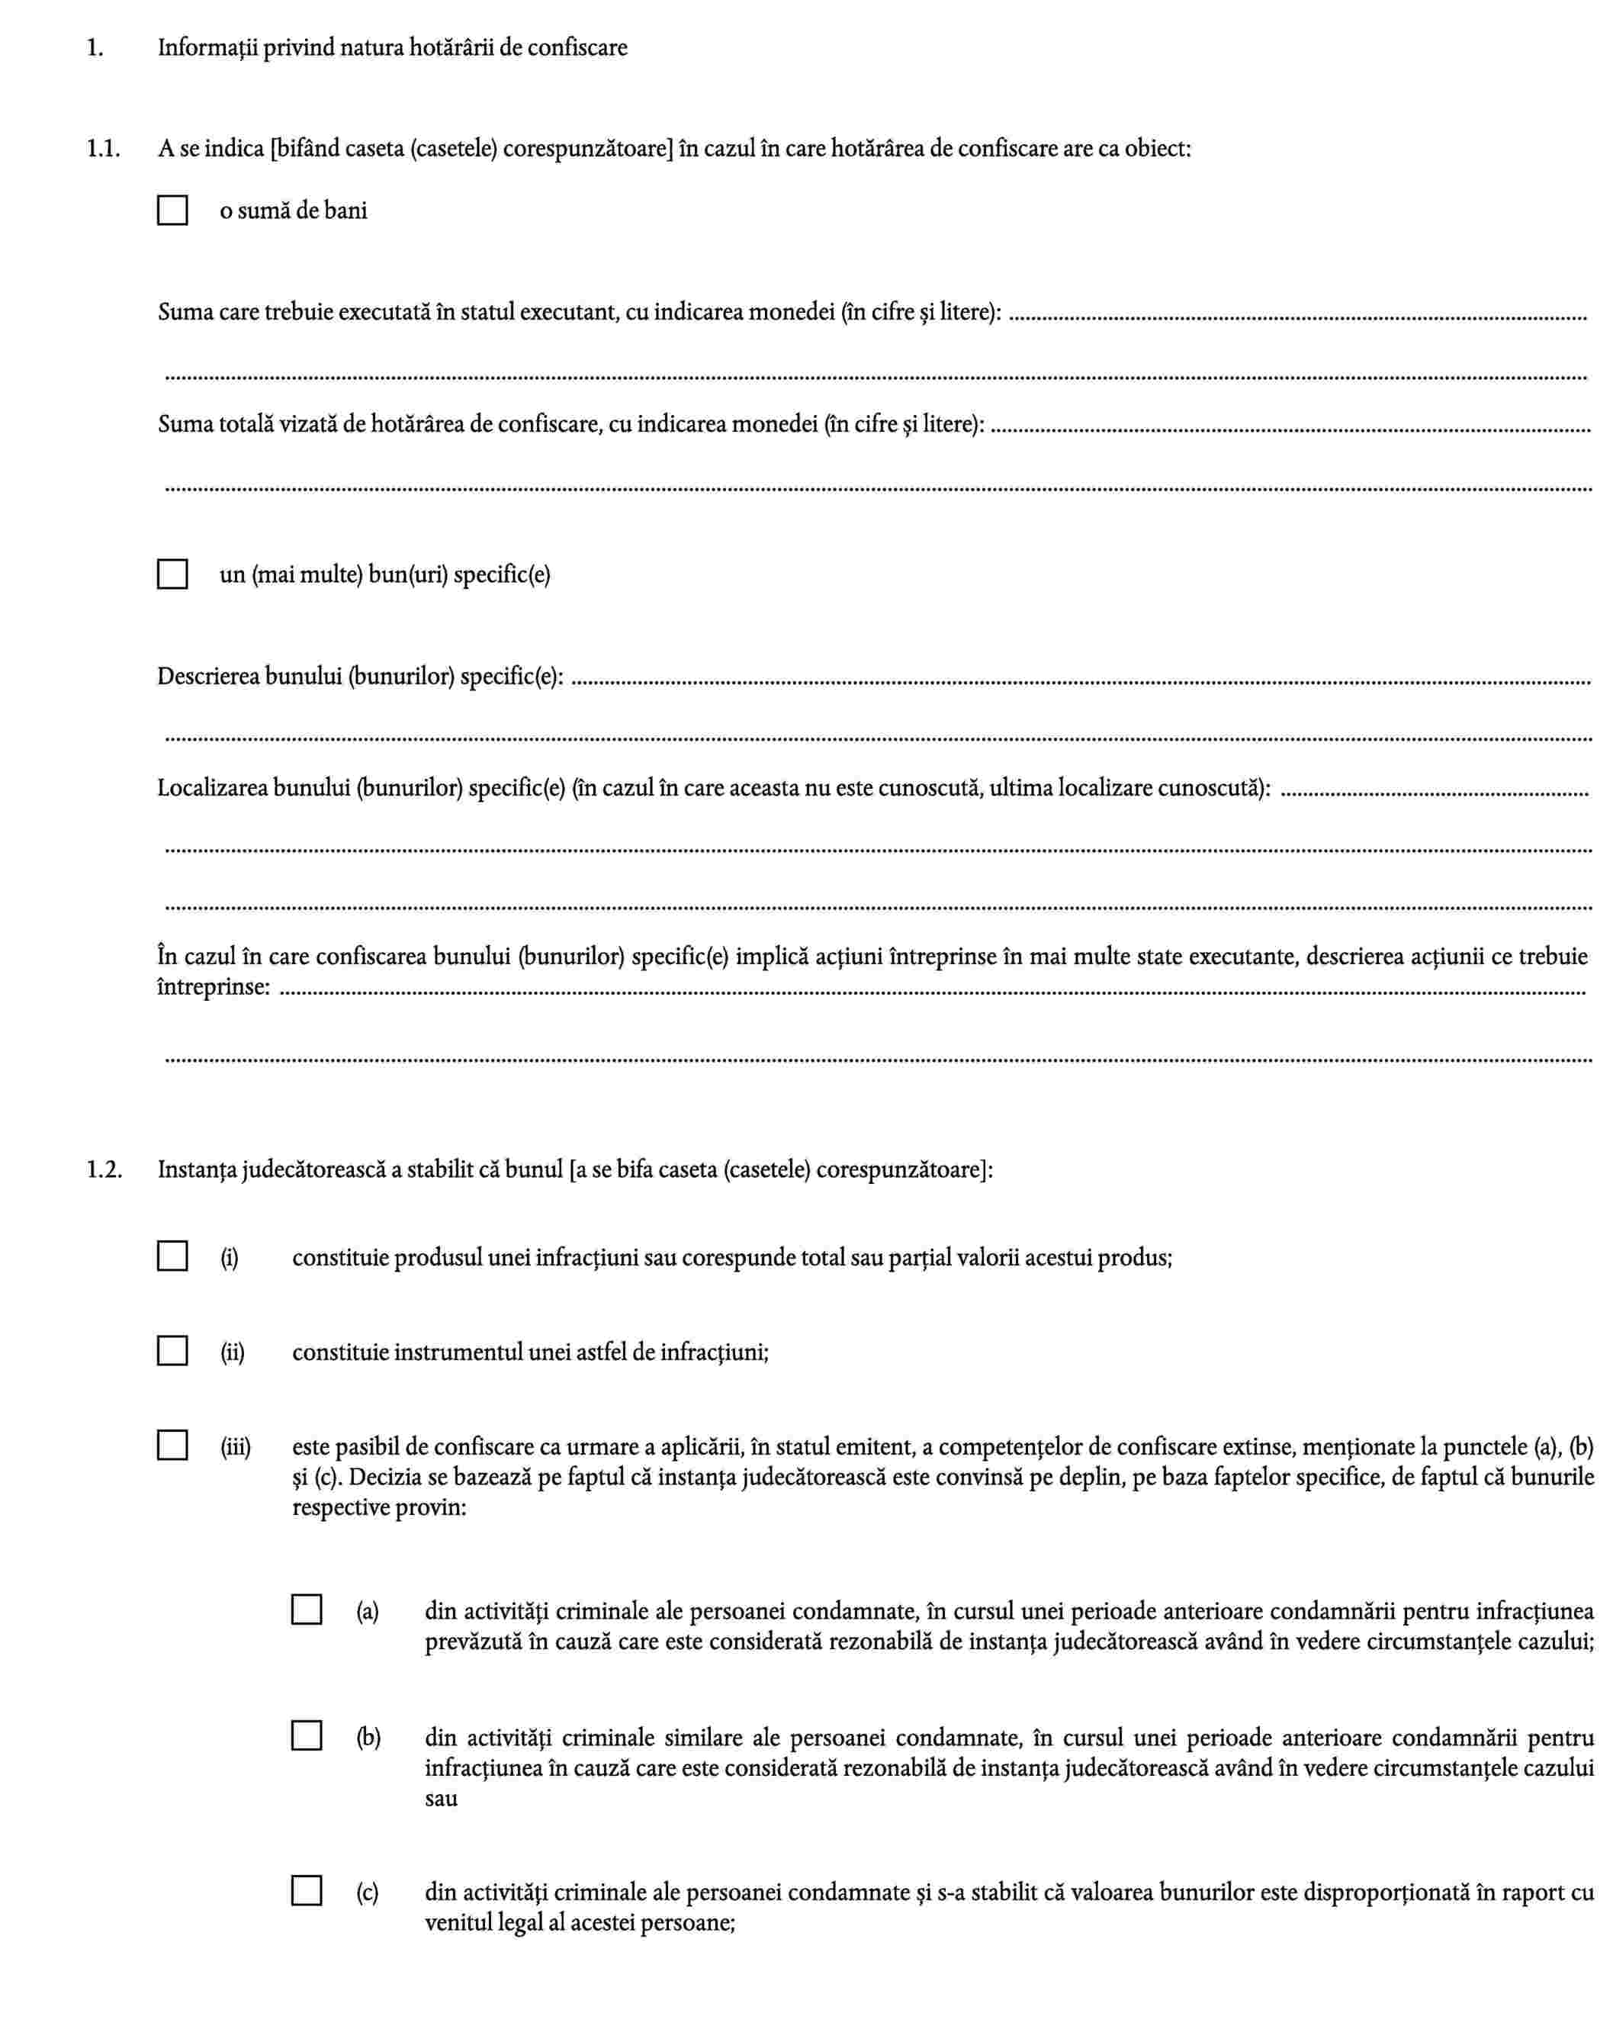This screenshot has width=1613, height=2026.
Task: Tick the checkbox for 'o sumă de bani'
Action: (172, 211)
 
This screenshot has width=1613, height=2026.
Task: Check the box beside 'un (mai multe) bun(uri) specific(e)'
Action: (172, 574)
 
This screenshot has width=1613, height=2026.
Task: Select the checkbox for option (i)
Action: (172, 1256)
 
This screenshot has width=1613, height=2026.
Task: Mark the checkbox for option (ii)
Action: (172, 1351)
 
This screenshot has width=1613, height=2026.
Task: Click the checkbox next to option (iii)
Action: (172, 1446)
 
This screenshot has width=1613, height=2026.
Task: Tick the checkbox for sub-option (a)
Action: (307, 1610)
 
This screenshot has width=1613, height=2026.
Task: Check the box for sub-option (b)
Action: (307, 1735)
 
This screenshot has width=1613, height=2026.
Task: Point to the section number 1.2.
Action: (104, 1170)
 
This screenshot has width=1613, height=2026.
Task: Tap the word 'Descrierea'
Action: (207, 677)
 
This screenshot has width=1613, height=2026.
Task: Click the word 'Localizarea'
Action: (212, 787)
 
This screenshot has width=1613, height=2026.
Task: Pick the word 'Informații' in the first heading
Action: (206, 48)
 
